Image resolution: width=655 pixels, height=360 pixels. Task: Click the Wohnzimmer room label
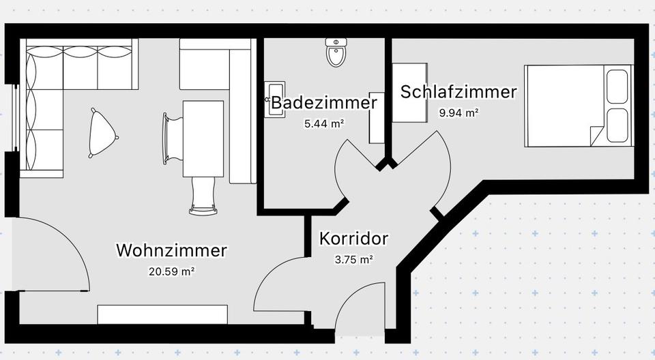coord(171,250)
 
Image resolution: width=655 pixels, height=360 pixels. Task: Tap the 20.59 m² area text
coord(171,271)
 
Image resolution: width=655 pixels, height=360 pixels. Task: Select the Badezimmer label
coord(323,104)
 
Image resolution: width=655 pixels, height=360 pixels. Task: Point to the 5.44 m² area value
coord(323,124)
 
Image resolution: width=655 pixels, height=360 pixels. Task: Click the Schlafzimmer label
coord(458,92)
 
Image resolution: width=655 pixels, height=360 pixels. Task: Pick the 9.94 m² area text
coord(458,113)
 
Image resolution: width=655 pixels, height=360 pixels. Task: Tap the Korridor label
coord(353,239)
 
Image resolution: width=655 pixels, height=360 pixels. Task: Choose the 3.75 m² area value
coord(353,260)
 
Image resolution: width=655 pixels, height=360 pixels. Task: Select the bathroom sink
coord(276,100)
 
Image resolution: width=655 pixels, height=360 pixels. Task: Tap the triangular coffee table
coord(102,133)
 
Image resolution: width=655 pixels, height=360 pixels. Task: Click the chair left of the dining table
coord(172,138)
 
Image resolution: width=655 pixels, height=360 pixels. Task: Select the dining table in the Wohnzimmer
coord(203,138)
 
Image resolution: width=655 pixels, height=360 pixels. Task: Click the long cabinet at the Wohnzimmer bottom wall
coord(162,314)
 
